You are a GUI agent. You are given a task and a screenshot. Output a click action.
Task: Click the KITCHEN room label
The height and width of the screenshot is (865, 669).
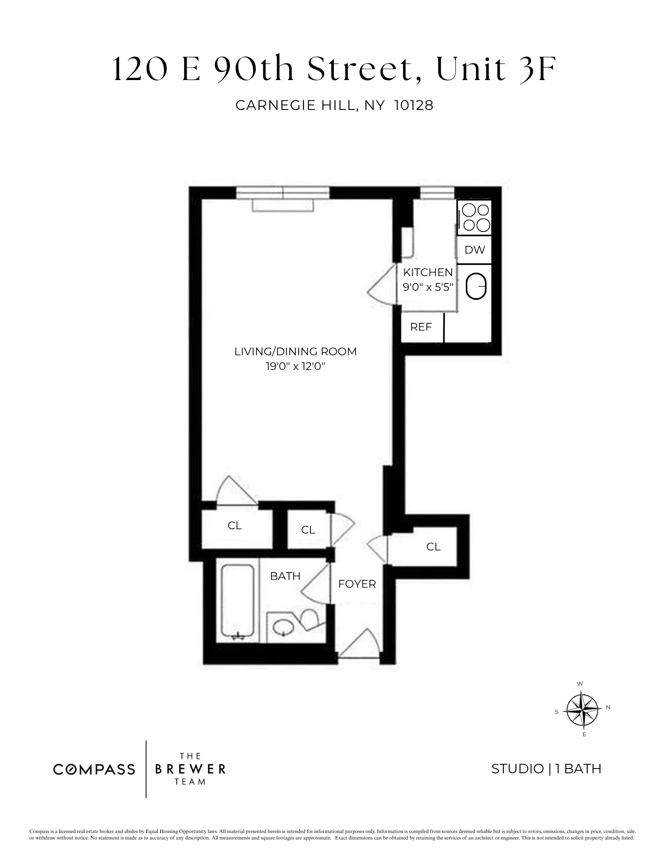428,272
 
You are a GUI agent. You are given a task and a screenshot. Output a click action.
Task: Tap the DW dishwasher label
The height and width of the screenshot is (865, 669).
475,250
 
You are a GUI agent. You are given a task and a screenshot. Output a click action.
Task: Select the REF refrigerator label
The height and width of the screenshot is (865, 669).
421,327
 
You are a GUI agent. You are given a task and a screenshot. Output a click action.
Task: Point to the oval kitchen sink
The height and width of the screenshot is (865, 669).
476,286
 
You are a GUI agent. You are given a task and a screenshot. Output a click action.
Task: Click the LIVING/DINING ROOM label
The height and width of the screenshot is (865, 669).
296,351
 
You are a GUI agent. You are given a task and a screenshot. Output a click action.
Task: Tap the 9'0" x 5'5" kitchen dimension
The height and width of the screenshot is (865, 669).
428,287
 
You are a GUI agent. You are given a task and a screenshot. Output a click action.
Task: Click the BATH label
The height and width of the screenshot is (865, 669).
285,576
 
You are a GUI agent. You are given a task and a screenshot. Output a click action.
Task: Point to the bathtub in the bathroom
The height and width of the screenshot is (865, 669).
238,602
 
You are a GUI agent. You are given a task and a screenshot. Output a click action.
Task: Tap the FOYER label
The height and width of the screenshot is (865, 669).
357,584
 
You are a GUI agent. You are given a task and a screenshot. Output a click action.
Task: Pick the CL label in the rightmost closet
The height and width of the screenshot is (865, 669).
433,547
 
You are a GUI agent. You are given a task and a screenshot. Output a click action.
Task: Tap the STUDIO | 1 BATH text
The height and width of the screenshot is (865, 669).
546,769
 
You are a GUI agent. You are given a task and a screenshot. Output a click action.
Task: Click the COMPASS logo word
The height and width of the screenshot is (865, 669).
94,769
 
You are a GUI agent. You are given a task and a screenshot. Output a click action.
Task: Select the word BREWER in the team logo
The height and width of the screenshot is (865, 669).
190,769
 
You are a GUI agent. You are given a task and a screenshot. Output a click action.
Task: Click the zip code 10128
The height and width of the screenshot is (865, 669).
414,106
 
